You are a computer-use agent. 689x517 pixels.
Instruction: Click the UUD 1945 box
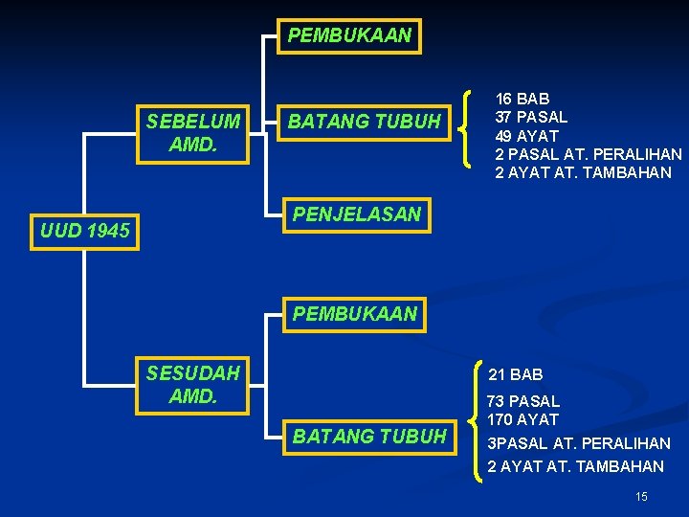click(85, 231)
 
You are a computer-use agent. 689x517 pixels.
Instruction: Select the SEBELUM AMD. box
click(193, 133)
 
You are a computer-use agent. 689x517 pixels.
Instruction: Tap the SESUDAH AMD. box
click(193, 383)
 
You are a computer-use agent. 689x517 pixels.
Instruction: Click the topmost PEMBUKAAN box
click(349, 36)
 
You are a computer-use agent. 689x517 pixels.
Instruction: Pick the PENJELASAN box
click(356, 214)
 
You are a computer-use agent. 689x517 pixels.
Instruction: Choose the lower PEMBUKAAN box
click(354, 313)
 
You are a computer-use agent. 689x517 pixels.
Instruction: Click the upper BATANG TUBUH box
click(365, 122)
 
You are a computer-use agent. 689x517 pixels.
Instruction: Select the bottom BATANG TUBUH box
click(369, 437)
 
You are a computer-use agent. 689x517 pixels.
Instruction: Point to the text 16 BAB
click(522, 99)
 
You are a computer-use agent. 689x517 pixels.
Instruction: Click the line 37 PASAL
click(531, 117)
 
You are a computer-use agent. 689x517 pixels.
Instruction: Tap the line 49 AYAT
click(526, 136)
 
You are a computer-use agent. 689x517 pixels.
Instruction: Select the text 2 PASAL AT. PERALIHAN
click(589, 154)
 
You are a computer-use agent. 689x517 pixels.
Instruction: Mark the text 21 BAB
click(516, 374)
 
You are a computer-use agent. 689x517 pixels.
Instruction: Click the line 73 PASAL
click(523, 401)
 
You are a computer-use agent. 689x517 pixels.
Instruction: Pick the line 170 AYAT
click(523, 419)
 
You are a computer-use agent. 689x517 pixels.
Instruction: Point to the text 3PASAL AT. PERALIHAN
click(579, 443)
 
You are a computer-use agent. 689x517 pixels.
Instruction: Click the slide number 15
click(641, 496)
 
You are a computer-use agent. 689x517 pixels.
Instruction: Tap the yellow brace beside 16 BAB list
click(466, 127)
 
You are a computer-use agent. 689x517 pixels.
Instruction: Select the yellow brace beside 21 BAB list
click(479, 420)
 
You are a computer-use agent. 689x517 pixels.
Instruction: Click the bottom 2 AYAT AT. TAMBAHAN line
click(575, 466)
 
